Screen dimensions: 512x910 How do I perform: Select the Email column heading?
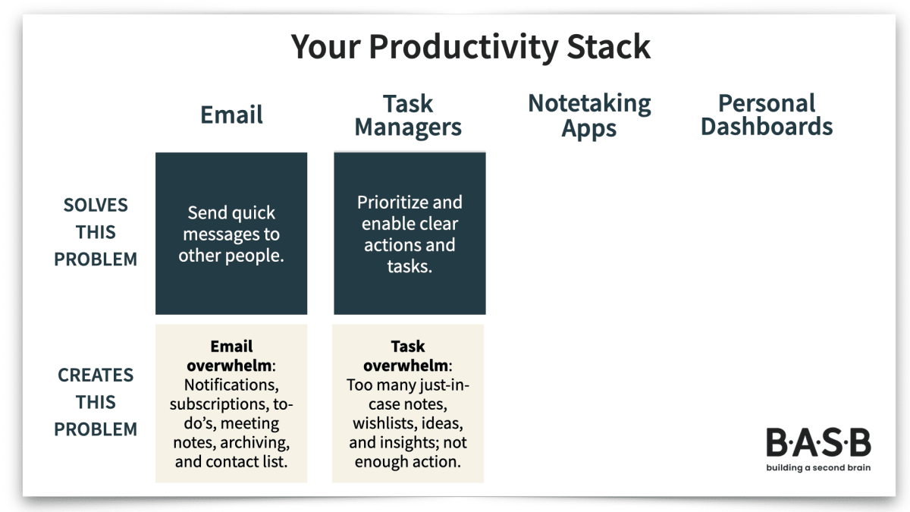231,115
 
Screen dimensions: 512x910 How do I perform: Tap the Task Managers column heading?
408,115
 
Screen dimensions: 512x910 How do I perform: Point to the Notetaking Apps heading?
589,115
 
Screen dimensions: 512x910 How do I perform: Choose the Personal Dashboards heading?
766,115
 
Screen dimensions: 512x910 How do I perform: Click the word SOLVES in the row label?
96,205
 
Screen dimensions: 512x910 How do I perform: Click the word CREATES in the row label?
96,375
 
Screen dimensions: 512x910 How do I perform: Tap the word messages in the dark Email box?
231,234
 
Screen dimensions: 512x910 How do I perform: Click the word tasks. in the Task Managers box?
409,266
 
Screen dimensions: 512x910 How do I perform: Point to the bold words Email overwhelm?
231,357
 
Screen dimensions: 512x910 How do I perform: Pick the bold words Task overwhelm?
407,357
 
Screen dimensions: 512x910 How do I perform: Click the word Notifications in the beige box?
231,385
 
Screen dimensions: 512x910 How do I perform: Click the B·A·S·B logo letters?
818,443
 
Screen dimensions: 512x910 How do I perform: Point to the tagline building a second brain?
818,467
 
